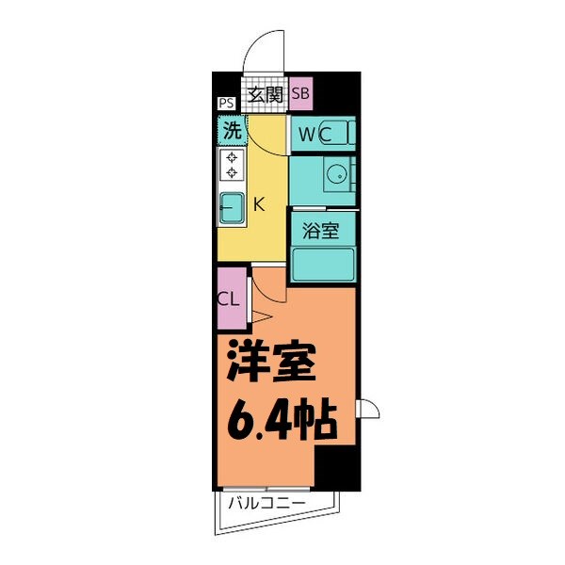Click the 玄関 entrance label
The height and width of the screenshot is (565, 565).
pyautogui.click(x=266, y=93)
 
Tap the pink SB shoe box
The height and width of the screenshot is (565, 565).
pyautogui.click(x=301, y=93)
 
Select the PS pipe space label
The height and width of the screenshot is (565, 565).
pyautogui.click(x=226, y=104)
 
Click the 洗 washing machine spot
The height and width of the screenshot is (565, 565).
pyautogui.click(x=231, y=128)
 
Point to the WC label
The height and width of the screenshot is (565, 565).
pyautogui.click(x=315, y=135)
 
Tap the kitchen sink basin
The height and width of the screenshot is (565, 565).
pyautogui.click(x=231, y=208)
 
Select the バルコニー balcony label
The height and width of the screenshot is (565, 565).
pyautogui.click(x=266, y=505)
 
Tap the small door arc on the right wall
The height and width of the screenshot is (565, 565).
pyautogui.click(x=369, y=409)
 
